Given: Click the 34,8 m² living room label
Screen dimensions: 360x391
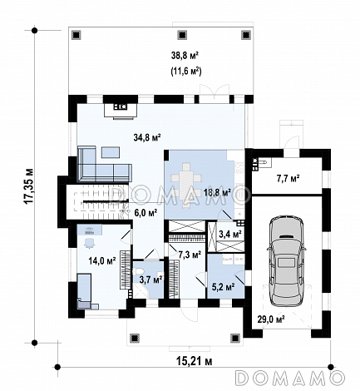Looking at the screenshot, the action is (x=147, y=137).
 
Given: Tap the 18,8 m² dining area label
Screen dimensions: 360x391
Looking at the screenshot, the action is (x=217, y=192).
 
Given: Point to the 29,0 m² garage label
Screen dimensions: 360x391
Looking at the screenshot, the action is (x=271, y=319).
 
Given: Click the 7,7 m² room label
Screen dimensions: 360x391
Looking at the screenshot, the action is (x=288, y=178).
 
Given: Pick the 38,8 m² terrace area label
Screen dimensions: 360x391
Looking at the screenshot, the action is (x=185, y=56).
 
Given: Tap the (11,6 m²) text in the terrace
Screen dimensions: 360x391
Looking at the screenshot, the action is (x=185, y=72).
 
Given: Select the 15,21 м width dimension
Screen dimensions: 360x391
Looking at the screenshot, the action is (x=194, y=361).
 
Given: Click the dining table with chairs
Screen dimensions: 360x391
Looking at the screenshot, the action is (x=185, y=186).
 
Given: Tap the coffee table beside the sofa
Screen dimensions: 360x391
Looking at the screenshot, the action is (x=111, y=152).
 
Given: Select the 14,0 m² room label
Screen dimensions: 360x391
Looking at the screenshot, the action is (x=102, y=260).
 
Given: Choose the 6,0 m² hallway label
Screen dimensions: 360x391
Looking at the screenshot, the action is (x=145, y=213).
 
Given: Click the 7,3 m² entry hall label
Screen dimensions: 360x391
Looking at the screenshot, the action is (x=190, y=255).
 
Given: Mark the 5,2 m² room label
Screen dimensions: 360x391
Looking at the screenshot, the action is (x=224, y=286).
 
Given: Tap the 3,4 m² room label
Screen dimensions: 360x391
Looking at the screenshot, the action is (x=230, y=235).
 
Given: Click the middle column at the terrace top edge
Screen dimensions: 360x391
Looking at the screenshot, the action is (x=182, y=35).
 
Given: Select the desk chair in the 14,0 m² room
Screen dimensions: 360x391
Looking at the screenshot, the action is (x=89, y=242).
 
